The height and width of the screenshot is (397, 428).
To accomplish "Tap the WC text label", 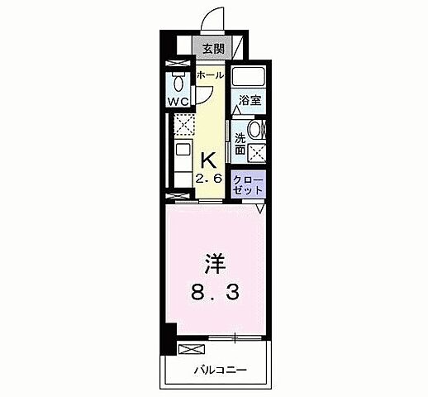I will [179, 102].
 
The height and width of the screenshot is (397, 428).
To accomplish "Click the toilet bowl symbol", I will [179, 82].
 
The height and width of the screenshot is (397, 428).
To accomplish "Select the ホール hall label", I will [209, 74].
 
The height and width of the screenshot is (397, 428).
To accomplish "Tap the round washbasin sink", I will [256, 129].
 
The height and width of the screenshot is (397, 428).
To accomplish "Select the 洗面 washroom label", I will [240, 144].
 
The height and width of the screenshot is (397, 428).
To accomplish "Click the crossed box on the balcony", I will [190, 348].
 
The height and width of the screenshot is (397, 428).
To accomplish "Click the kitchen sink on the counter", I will [181, 153].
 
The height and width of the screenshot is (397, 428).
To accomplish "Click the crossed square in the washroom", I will [258, 152].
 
